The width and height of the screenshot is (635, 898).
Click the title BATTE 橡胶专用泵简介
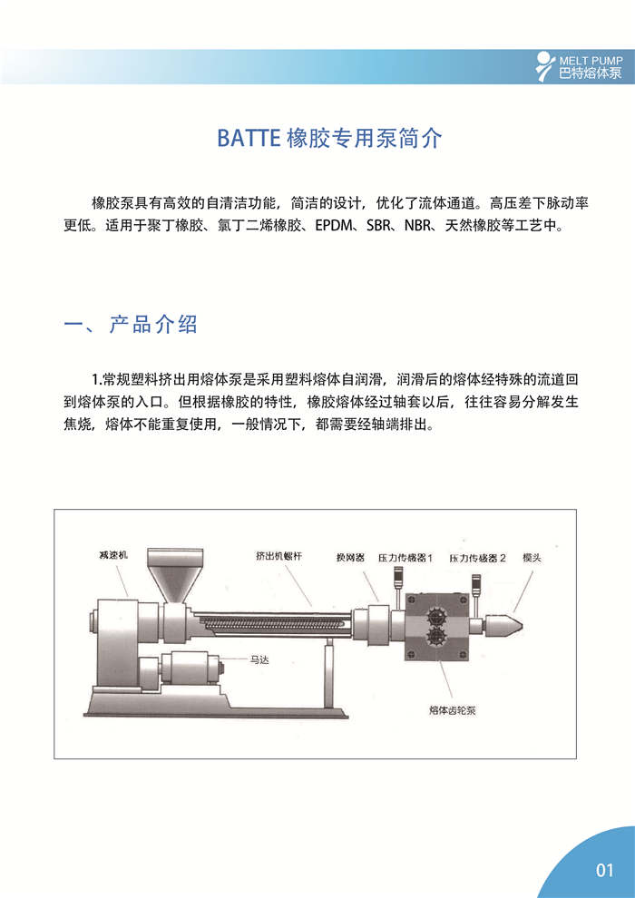pos(329,139)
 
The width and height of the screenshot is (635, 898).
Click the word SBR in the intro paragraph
pos(382,226)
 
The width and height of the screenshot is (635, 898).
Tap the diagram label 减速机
pos(115,552)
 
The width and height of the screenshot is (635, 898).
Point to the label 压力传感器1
pos(405,557)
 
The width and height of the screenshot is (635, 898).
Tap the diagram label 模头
pos(532,557)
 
